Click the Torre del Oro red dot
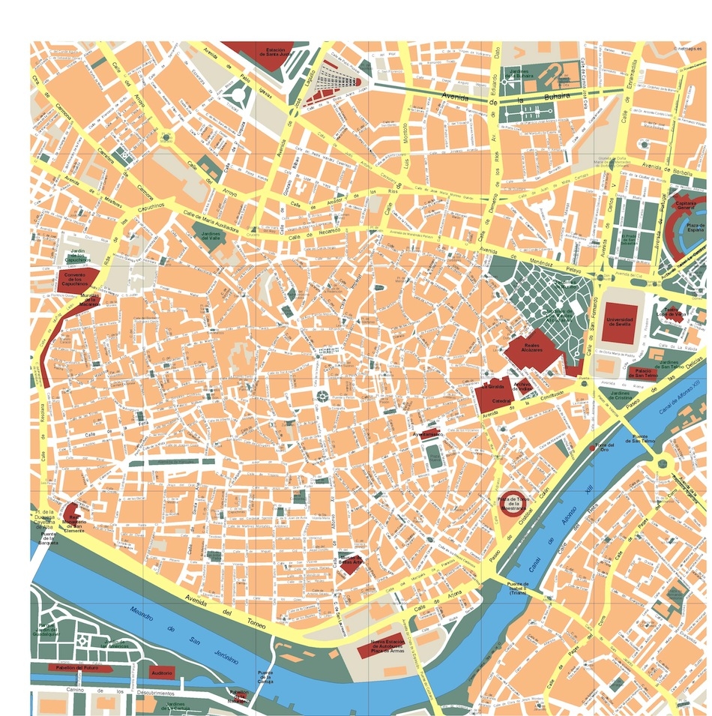point(594,448)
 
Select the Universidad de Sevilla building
point(620,319)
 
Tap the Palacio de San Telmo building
point(642,372)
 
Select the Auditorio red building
point(161,673)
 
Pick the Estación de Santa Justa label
point(272,52)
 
